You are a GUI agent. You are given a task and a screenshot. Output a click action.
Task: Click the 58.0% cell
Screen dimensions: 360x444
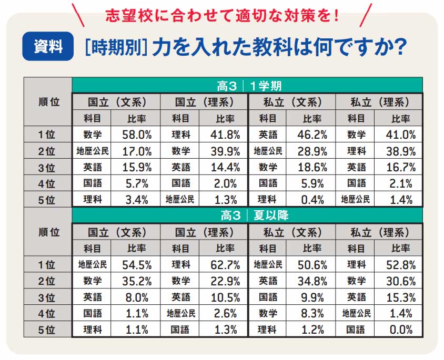137,135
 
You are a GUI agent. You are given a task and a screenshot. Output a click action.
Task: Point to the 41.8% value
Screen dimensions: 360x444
225,135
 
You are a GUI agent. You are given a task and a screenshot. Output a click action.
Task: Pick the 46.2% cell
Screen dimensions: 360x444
312,135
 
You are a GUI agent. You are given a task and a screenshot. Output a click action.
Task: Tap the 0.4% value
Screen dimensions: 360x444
312,200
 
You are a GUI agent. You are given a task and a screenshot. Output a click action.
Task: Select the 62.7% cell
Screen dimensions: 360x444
225,265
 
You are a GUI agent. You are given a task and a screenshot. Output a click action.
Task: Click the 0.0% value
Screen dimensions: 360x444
401,330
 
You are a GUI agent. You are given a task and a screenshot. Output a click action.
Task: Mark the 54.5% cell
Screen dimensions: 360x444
137,265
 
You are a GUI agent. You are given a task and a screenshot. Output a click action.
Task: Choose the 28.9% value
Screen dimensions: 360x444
312,151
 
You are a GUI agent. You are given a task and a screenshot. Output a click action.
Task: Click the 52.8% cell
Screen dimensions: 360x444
401,265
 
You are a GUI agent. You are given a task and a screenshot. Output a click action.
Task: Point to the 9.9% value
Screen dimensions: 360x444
312,297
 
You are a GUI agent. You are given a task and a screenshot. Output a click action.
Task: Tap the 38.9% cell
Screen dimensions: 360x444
401,151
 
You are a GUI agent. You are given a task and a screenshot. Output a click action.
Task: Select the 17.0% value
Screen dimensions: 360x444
137,151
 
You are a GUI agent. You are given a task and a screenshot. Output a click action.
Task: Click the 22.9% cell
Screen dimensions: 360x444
225,281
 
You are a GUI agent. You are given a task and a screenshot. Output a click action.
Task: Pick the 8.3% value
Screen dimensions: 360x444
312,314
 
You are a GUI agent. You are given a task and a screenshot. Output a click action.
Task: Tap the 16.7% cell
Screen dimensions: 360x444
401,168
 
